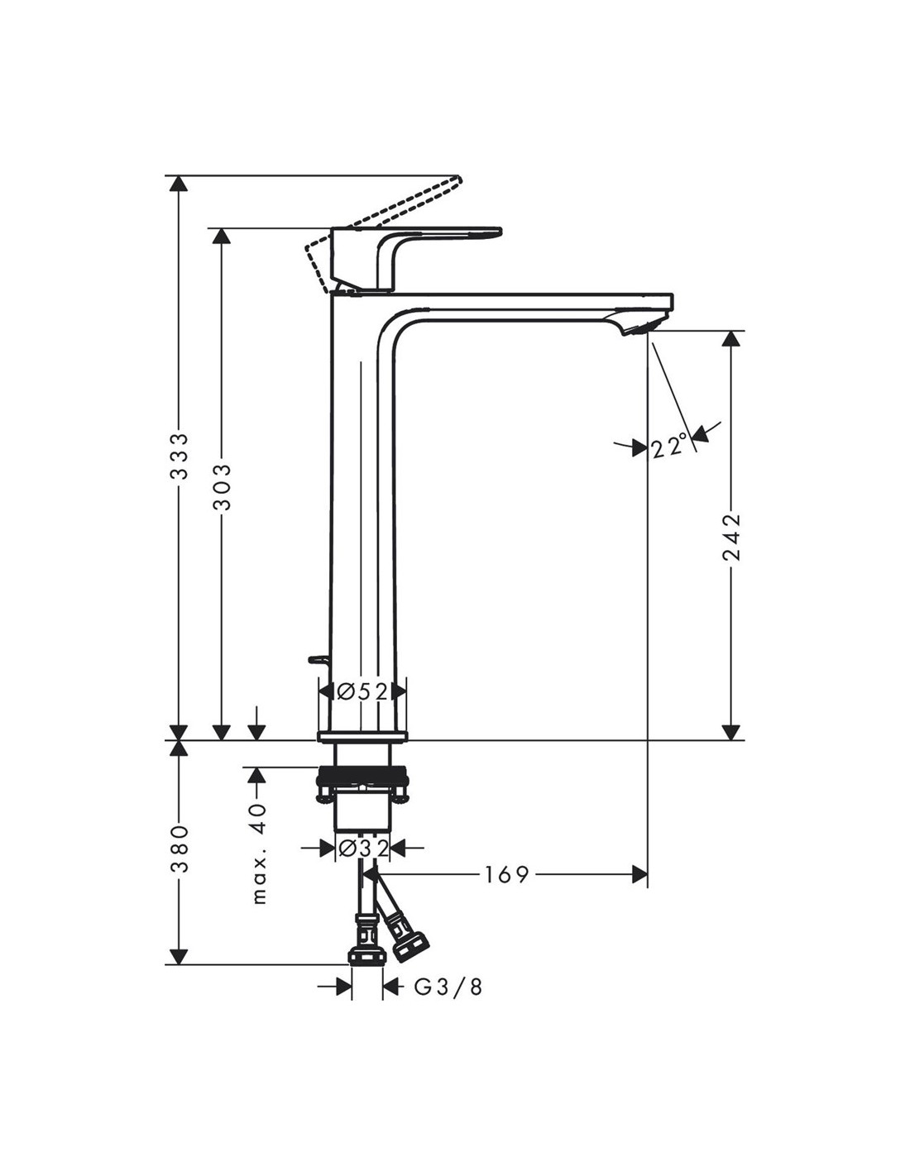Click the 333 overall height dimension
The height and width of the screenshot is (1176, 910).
tap(179, 456)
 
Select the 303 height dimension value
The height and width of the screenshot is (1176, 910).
tap(222, 486)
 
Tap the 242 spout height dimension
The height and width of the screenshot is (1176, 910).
tap(732, 538)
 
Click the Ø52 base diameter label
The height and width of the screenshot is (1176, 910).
tap(362, 691)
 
